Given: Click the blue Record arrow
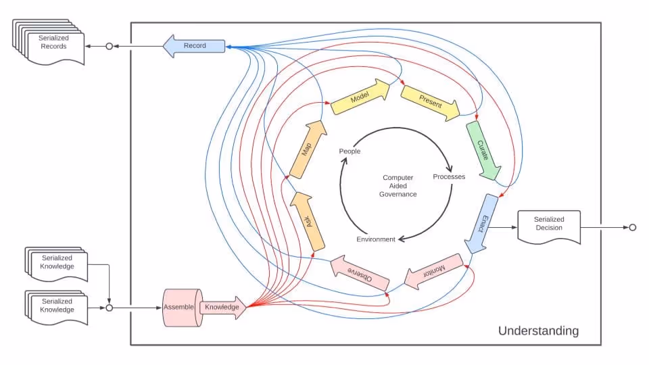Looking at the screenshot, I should (x=194, y=46).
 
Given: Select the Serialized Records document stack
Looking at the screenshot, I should (x=51, y=43).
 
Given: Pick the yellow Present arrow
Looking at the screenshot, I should (x=430, y=103).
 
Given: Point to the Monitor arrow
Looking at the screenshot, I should (x=434, y=271).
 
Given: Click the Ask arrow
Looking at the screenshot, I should (x=308, y=222).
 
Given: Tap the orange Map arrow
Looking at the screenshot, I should (x=305, y=149).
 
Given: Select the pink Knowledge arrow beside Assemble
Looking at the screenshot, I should (x=222, y=308).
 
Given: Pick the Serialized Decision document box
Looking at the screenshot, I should (x=548, y=225).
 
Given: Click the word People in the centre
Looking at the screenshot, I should (x=350, y=151).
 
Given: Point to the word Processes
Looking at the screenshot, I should (x=449, y=177).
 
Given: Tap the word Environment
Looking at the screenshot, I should (x=376, y=239).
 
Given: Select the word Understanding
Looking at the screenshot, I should (x=538, y=331).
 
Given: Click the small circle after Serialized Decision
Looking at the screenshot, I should (x=632, y=227).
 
